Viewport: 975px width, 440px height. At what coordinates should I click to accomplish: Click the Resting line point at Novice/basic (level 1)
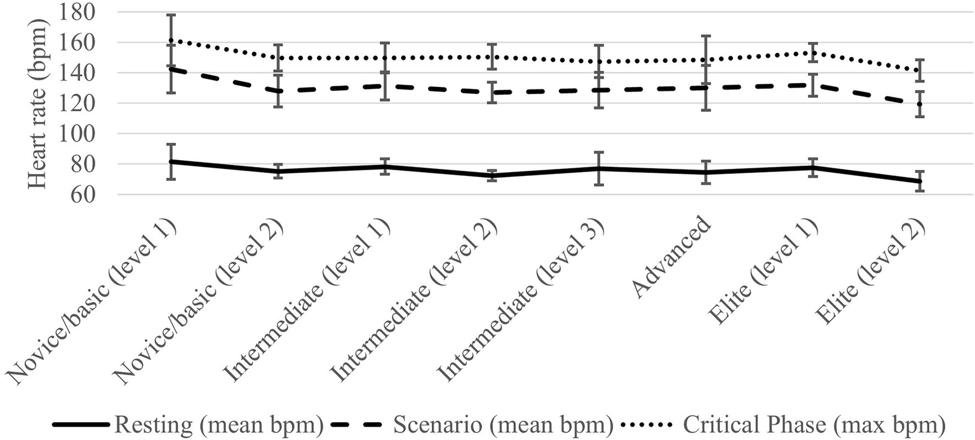171,161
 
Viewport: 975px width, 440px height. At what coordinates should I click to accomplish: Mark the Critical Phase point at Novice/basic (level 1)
171,40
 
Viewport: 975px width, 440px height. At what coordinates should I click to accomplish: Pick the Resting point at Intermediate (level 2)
492,175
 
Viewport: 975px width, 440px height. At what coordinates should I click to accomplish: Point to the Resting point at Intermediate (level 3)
598,168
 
